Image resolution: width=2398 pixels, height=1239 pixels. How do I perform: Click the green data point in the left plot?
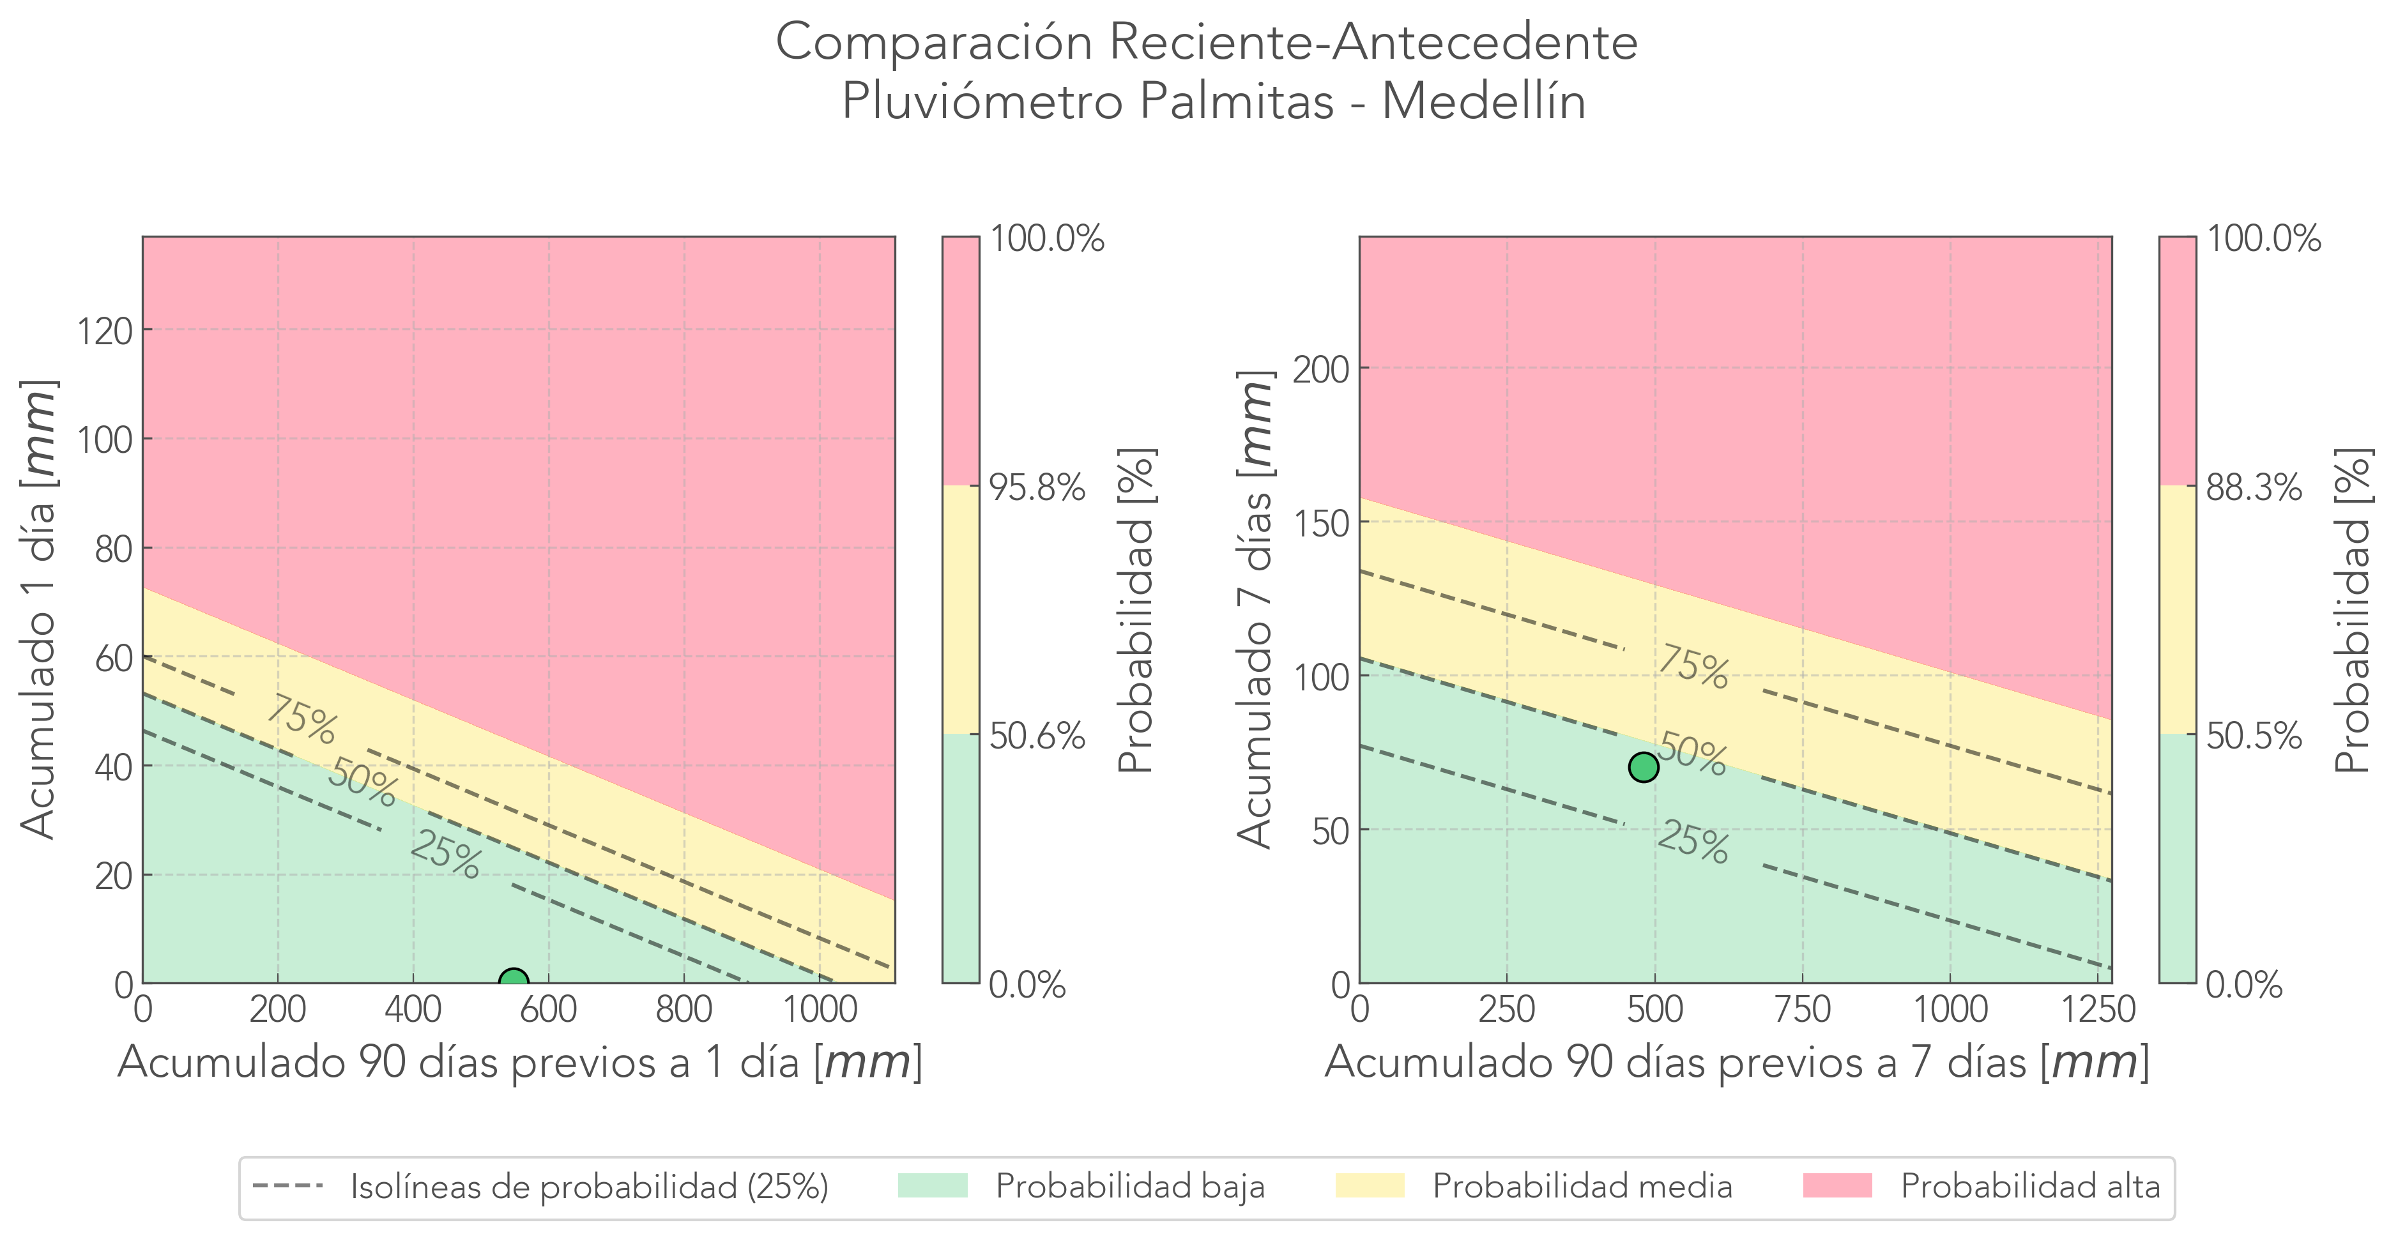(x=513, y=982)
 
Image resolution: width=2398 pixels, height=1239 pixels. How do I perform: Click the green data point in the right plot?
(x=1643, y=767)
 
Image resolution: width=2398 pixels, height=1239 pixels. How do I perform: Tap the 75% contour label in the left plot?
(x=301, y=720)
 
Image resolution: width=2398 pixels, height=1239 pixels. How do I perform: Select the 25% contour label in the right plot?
(x=1692, y=842)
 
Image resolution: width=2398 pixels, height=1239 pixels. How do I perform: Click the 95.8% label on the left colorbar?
(x=1036, y=487)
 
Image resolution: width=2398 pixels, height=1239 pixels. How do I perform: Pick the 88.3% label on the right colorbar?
(x=2253, y=487)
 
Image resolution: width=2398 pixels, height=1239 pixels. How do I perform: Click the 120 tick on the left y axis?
(x=104, y=330)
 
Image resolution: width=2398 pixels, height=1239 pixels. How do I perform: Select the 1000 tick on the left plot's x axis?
(x=819, y=1009)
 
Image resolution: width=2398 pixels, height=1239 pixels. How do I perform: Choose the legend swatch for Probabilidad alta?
(x=1837, y=1186)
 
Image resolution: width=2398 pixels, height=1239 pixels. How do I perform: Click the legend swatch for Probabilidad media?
(x=1370, y=1186)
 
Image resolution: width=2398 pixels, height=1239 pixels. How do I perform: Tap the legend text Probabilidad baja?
(x=1130, y=1187)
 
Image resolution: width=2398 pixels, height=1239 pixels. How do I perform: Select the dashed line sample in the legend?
(x=287, y=1186)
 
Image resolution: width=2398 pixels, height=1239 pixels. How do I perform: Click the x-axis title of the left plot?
(x=519, y=1062)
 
